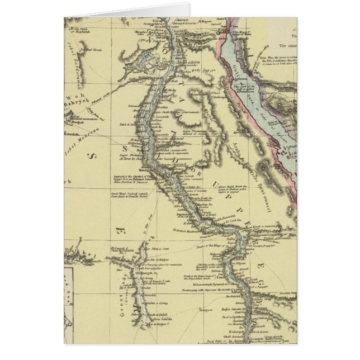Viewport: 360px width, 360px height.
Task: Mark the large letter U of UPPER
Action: [x=219, y=177]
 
